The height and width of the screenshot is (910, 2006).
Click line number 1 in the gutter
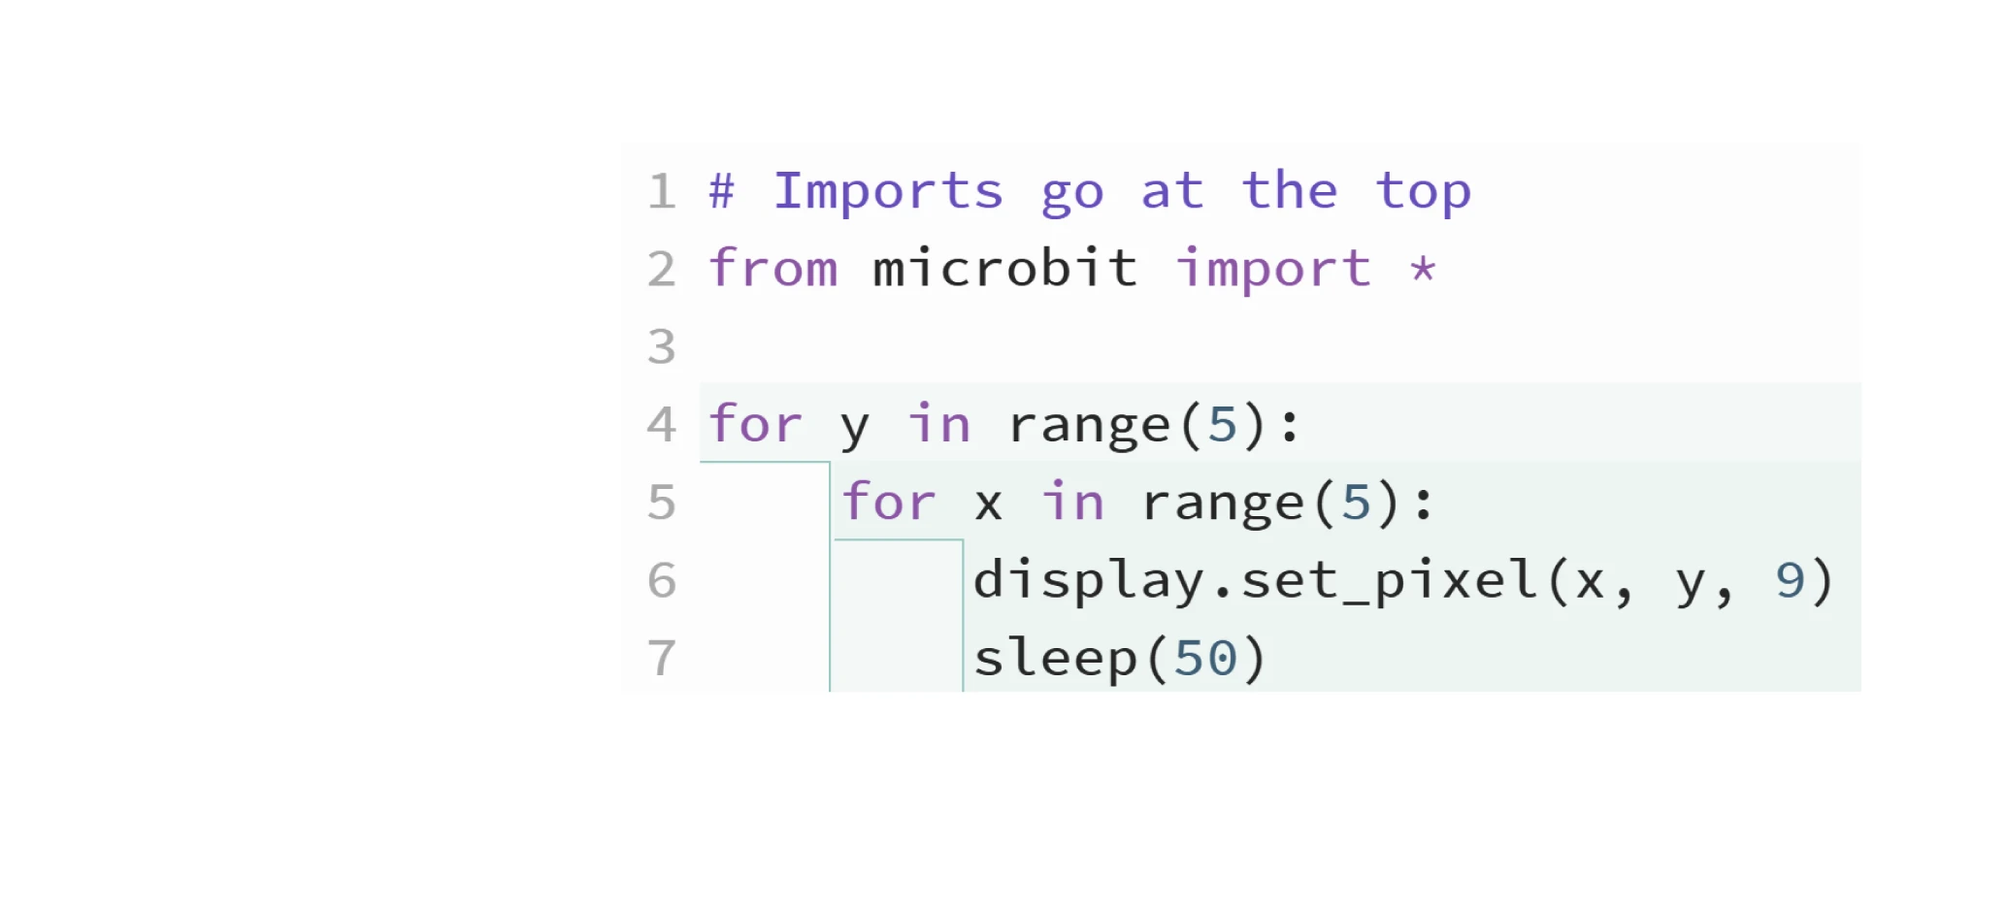point(662,191)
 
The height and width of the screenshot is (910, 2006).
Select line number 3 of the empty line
point(662,347)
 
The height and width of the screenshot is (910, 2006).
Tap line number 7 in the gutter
point(662,659)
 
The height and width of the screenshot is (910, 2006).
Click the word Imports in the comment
point(888,191)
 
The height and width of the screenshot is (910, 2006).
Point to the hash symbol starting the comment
point(721,191)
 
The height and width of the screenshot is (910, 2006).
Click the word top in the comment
point(1424,191)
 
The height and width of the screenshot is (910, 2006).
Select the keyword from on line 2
point(773,269)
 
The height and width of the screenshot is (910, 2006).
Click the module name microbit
point(1005,269)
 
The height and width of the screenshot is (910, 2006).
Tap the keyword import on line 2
point(1274,269)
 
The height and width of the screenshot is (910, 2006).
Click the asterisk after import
point(1423,269)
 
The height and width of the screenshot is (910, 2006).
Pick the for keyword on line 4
point(756,425)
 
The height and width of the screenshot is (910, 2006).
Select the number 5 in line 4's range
point(1223,425)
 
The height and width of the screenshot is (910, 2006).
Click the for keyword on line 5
point(889,503)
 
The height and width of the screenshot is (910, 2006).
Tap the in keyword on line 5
point(1073,503)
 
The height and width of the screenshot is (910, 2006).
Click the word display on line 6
point(1089,581)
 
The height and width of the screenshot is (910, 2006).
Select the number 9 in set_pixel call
point(1790,581)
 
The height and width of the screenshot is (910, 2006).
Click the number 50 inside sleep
point(1206,659)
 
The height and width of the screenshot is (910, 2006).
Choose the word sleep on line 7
point(1056,659)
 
